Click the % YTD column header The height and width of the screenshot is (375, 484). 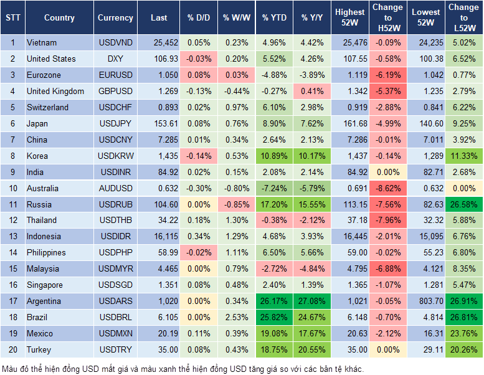click(275, 17)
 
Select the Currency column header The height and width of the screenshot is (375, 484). click(115, 17)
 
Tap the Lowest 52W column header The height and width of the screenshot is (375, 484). click(427, 17)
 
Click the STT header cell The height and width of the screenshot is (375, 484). click(12, 17)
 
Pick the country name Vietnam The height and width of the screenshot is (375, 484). click(42, 43)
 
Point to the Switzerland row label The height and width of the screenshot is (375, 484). click(47, 107)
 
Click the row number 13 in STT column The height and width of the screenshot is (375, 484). click(12, 236)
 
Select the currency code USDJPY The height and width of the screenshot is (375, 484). click(115, 123)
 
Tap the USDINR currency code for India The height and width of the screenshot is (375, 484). click(115, 172)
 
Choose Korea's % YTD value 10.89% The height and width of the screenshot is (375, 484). click(275, 156)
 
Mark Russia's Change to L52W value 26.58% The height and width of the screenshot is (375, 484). click(463, 204)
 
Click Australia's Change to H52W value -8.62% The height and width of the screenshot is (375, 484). click(388, 188)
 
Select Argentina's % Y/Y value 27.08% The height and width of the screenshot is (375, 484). click(313, 301)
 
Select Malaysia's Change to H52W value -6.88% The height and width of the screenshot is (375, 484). click(388, 268)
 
